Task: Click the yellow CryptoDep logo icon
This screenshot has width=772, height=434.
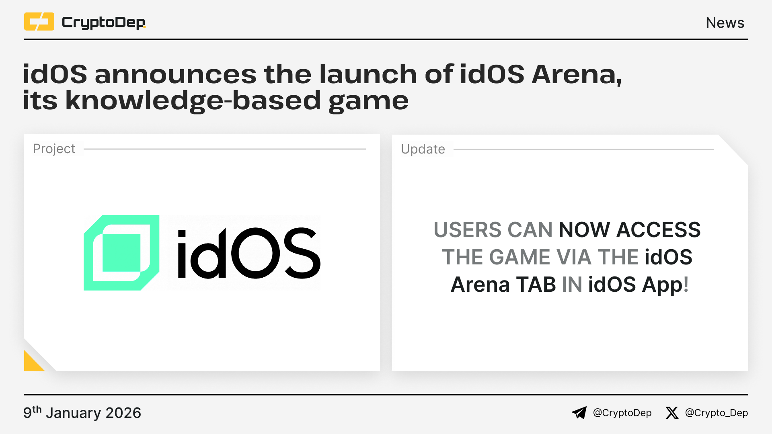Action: pyautogui.click(x=39, y=22)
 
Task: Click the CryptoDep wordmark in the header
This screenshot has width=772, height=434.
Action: pyautogui.click(x=104, y=23)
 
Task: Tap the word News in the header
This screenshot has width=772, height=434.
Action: pyautogui.click(x=725, y=23)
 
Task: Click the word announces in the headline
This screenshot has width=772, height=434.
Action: pyautogui.click(x=176, y=74)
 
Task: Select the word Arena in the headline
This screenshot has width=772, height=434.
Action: pyautogui.click(x=577, y=75)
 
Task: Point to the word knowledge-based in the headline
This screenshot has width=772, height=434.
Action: pyautogui.click(x=193, y=101)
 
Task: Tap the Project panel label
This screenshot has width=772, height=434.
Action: pyautogui.click(x=54, y=149)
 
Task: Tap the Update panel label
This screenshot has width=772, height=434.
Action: pyautogui.click(x=423, y=149)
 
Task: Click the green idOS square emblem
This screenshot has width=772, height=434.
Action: pyautogui.click(x=121, y=253)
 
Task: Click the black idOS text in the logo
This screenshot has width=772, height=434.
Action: pyautogui.click(x=249, y=253)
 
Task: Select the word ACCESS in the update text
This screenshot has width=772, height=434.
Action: pyautogui.click(x=659, y=230)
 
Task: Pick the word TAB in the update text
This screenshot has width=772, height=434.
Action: pyautogui.click(x=536, y=285)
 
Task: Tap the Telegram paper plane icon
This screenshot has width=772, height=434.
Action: pyautogui.click(x=579, y=413)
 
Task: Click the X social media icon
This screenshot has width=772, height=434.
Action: pyautogui.click(x=672, y=413)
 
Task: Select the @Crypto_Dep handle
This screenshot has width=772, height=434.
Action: pyautogui.click(x=717, y=413)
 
